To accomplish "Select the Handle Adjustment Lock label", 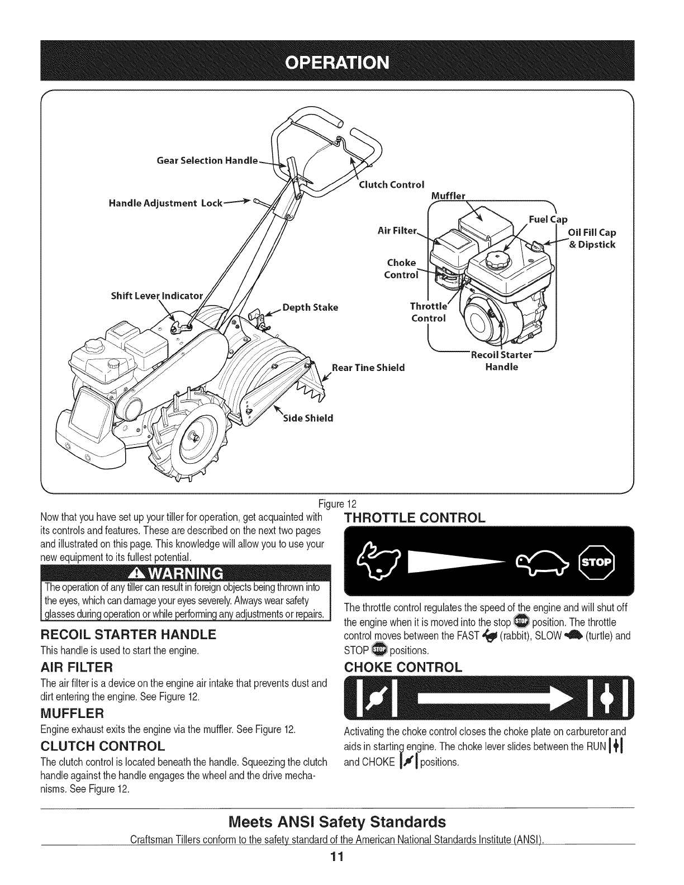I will (x=165, y=202).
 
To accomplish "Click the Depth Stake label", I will (x=310, y=307).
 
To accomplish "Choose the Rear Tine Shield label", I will (x=368, y=368).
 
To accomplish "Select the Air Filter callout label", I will (x=398, y=230).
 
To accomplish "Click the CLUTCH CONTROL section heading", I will (x=103, y=746).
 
